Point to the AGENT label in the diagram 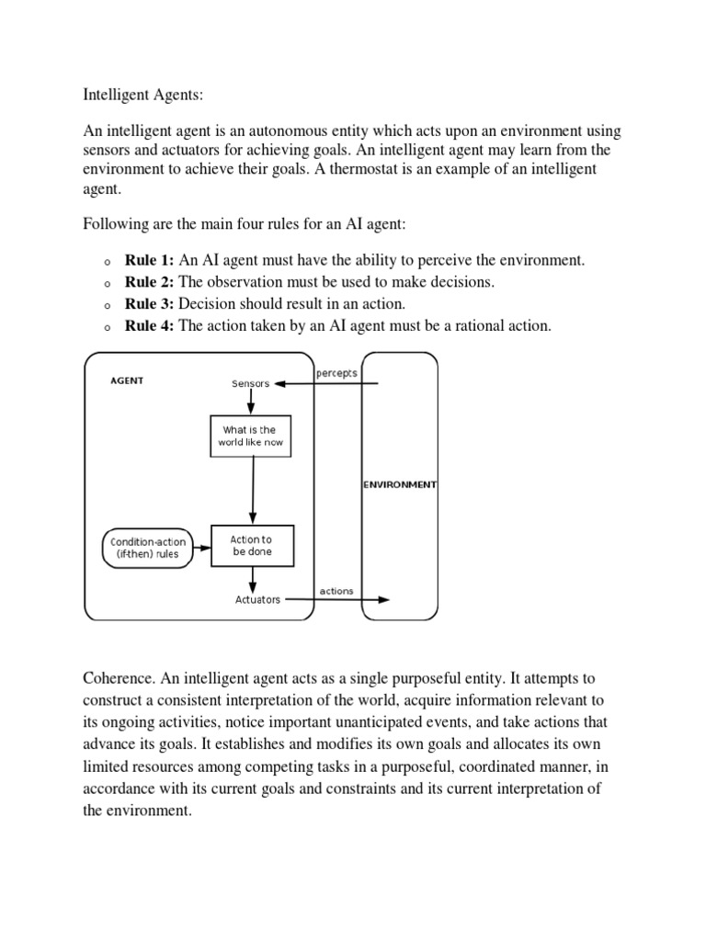click(x=127, y=380)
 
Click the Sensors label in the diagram click(x=251, y=384)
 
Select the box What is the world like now click(x=250, y=436)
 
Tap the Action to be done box click(x=251, y=546)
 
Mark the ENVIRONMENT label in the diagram click(x=399, y=484)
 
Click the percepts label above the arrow click(x=336, y=373)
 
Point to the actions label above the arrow click(x=336, y=591)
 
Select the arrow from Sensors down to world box click(x=251, y=402)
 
